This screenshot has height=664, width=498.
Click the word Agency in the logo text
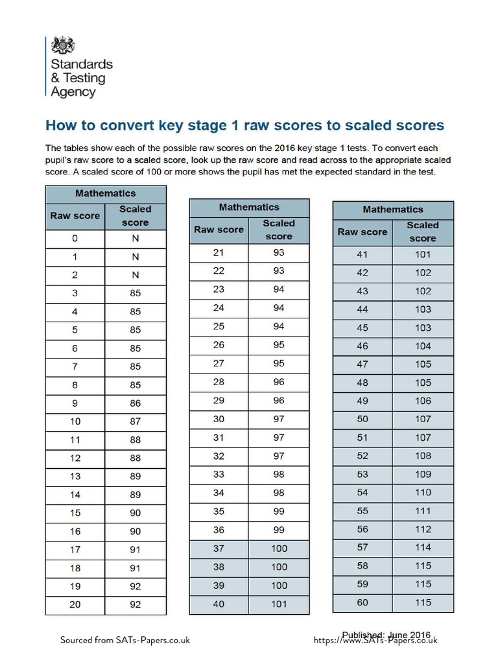click(x=73, y=92)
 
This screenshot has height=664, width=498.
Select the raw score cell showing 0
click(x=75, y=238)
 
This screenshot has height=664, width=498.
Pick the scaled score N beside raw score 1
click(x=136, y=257)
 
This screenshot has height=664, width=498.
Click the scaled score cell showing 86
click(x=136, y=403)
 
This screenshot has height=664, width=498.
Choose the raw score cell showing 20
click(x=75, y=605)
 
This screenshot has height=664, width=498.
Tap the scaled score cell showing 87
click(x=136, y=421)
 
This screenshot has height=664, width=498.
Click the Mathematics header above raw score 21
click(x=249, y=207)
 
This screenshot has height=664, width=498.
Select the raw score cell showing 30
click(x=219, y=419)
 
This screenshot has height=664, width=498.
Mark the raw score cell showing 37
click(x=219, y=549)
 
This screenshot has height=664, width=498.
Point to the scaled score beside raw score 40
click(x=279, y=604)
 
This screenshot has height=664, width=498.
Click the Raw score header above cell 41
click(x=362, y=232)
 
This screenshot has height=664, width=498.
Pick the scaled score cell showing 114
click(x=423, y=547)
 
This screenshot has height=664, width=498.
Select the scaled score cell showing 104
click(x=423, y=346)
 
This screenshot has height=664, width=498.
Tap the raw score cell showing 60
click(x=362, y=602)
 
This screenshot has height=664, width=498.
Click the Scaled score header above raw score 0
click(x=136, y=216)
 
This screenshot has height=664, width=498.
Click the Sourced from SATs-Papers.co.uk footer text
click(x=125, y=640)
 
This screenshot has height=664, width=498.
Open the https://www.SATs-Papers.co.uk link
click(x=375, y=641)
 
